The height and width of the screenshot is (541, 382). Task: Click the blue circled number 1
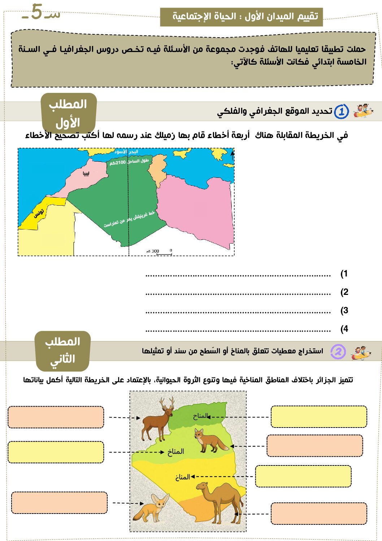[341, 112]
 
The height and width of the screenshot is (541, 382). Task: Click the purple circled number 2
[338, 352]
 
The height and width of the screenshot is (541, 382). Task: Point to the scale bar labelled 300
[159, 252]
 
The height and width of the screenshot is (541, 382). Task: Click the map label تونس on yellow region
[39, 213]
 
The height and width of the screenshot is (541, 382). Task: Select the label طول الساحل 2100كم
[129, 162]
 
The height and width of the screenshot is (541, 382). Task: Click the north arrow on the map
[232, 155]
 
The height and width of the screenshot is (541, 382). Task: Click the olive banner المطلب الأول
[68, 113]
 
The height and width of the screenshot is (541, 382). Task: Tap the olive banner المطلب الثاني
[62, 351]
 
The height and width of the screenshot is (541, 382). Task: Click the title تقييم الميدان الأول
[241, 17]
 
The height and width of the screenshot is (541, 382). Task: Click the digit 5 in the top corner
[36, 12]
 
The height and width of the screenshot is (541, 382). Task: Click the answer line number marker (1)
[344, 274]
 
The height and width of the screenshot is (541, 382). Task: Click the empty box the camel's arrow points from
[318, 513]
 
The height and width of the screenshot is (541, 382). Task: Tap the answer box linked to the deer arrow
[56, 417]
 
